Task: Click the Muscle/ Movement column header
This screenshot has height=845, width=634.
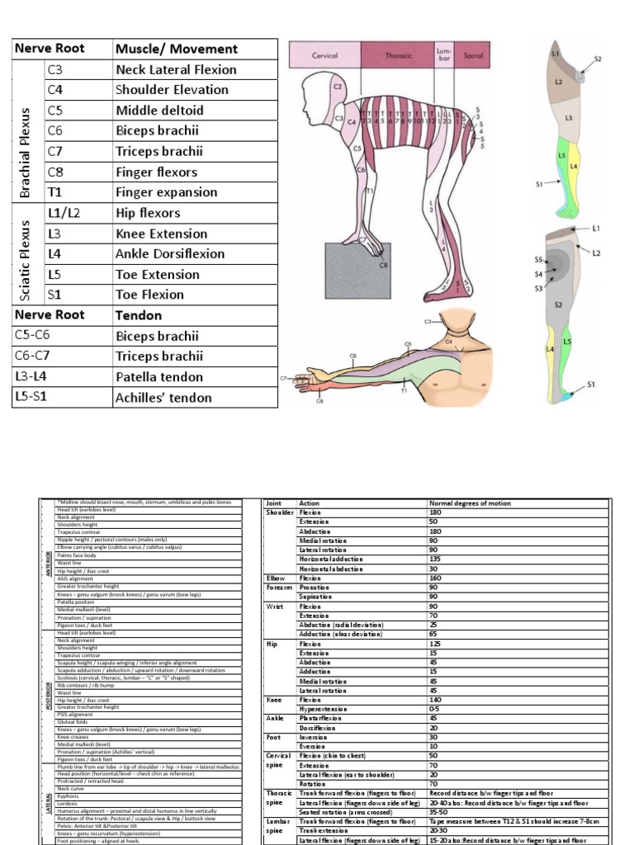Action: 177,49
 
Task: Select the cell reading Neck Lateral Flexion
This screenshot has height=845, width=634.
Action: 176,70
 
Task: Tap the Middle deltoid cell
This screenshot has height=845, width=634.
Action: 159,111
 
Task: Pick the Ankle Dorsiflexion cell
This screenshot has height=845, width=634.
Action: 170,254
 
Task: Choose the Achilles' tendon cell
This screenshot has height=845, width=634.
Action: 163,398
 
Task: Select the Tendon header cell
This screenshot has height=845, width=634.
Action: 139,315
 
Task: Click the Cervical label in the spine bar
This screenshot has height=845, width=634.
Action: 325,56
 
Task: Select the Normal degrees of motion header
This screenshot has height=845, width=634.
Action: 470,503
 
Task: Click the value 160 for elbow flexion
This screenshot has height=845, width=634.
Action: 435,578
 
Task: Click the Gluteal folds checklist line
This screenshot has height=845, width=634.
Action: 71,722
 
